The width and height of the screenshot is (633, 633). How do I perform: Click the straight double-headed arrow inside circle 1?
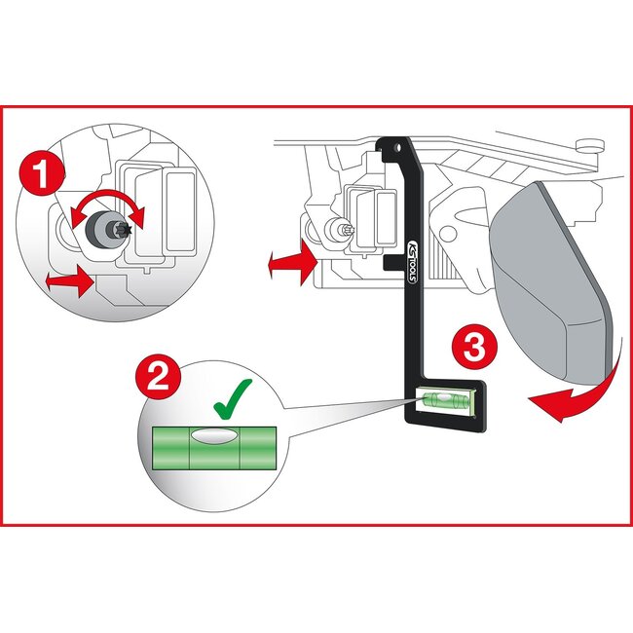[x=69, y=281]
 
